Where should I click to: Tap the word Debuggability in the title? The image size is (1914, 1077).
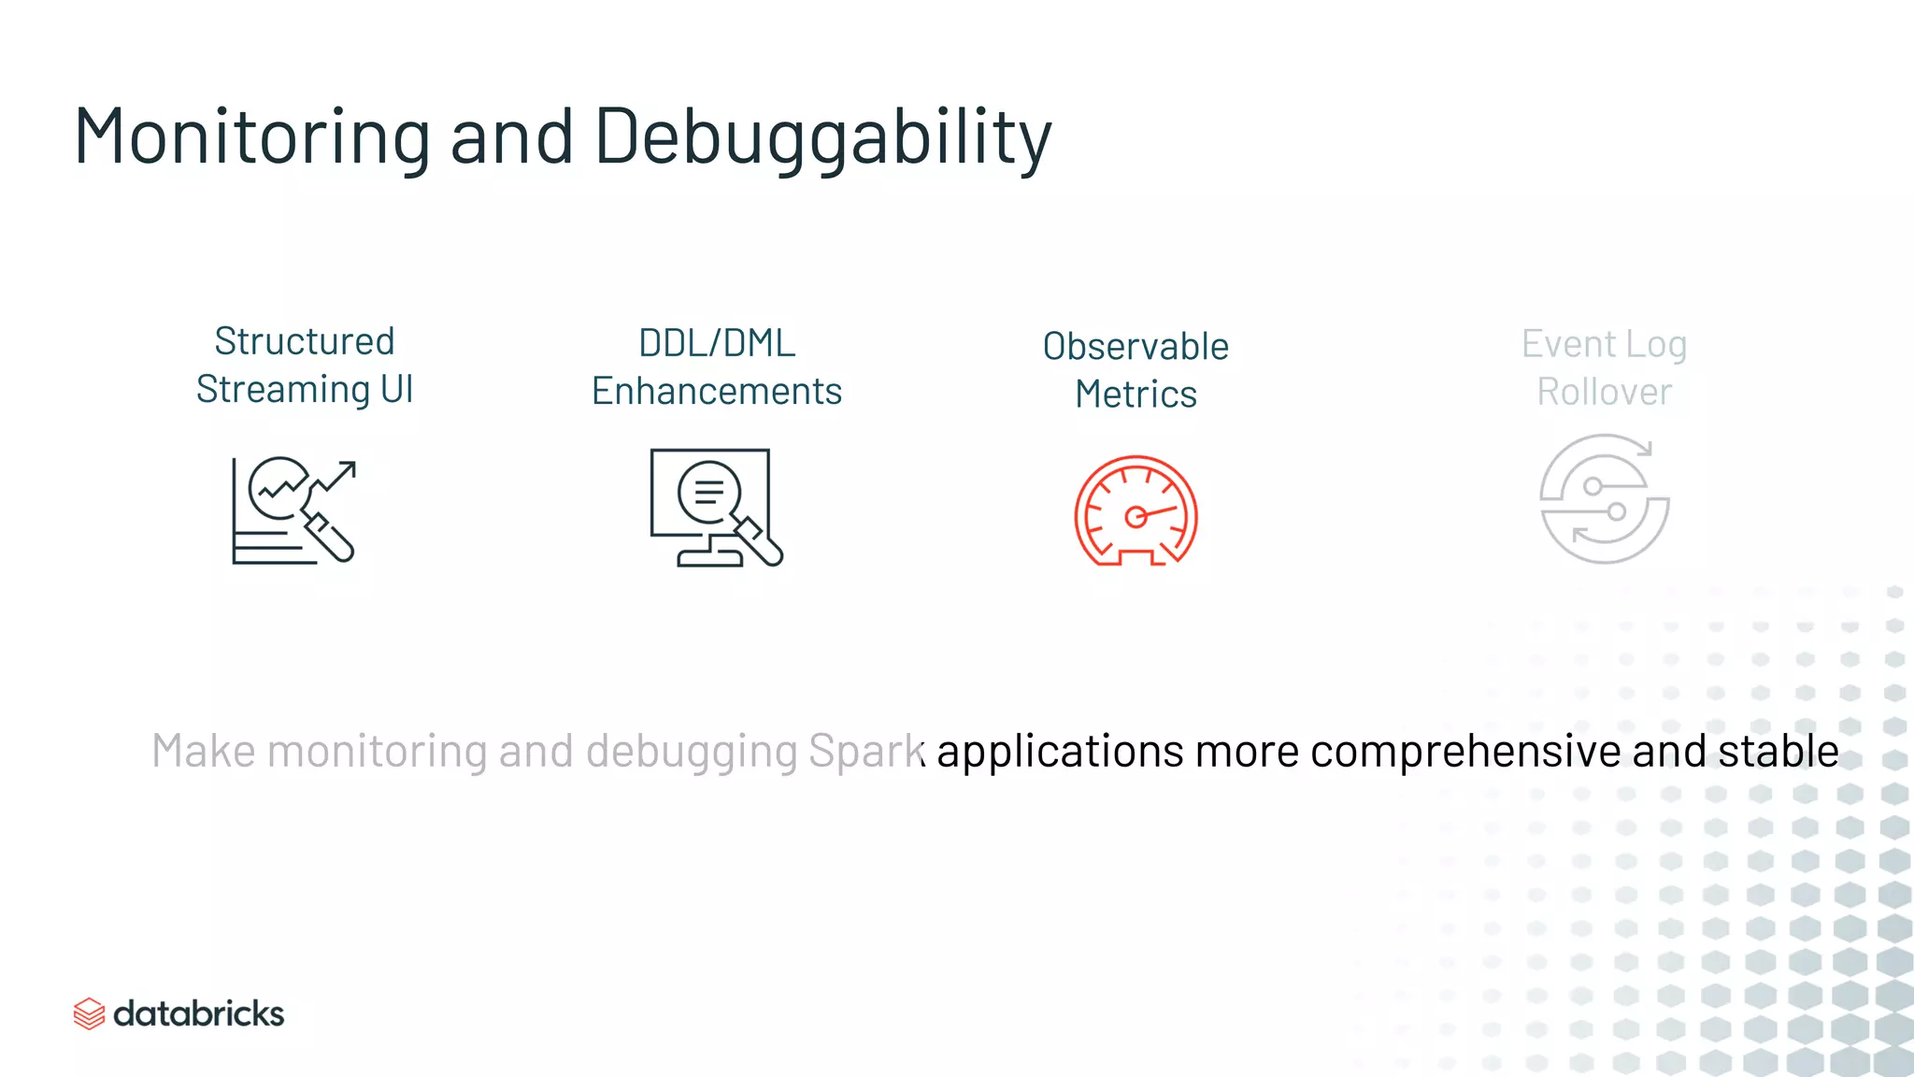pyautogui.click(x=822, y=137)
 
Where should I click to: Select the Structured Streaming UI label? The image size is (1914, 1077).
pyautogui.click(x=305, y=366)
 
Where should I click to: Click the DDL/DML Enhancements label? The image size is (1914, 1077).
pyautogui.click(x=717, y=367)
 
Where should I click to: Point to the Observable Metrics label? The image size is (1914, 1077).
pyautogui.click(x=1136, y=370)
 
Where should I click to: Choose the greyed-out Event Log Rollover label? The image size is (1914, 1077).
pyautogui.click(x=1604, y=368)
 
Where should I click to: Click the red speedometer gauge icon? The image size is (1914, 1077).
pyautogui.click(x=1136, y=510)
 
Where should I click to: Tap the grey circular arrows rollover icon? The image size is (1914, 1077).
pyautogui.click(x=1604, y=499)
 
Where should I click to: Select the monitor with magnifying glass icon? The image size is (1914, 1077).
pyautogui.click(x=716, y=508)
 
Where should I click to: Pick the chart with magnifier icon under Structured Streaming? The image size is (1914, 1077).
pyautogui.click(x=293, y=510)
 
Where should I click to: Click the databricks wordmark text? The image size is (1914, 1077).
pyautogui.click(x=198, y=1013)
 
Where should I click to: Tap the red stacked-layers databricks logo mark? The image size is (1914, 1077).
pyautogui.click(x=89, y=1013)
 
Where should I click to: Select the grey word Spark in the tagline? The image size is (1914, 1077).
pyautogui.click(x=865, y=752)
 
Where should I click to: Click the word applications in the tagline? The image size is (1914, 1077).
pyautogui.click(x=1060, y=752)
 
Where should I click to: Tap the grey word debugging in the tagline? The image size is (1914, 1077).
pyautogui.click(x=692, y=752)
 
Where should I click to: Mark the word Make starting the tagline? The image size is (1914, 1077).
pyautogui.click(x=203, y=752)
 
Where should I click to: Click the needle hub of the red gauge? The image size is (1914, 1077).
pyautogui.click(x=1136, y=517)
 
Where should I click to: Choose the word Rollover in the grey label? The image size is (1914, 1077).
pyautogui.click(x=1604, y=393)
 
